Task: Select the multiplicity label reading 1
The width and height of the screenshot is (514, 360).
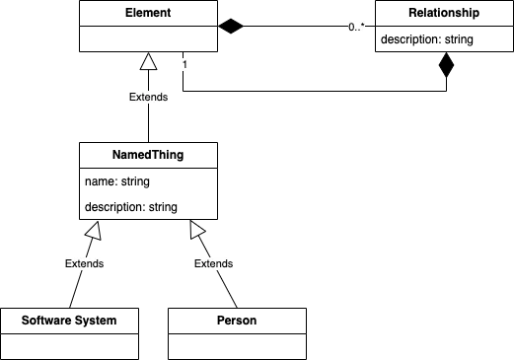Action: (x=184, y=64)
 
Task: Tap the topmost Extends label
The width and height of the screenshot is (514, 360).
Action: (x=149, y=98)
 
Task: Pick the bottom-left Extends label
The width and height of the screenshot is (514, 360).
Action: (x=85, y=264)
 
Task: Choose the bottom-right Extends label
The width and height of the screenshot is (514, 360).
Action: (x=214, y=264)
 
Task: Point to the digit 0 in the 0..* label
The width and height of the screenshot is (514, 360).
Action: (x=351, y=29)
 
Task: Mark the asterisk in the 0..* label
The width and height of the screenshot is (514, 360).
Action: (x=363, y=28)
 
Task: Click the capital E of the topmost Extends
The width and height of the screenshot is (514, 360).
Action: (x=133, y=98)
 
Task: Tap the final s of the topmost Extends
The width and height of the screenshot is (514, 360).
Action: (x=165, y=98)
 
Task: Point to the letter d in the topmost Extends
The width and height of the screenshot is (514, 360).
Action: (x=158, y=98)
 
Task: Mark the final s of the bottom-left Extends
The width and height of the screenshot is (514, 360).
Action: (x=101, y=264)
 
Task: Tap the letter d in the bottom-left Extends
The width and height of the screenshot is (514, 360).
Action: (x=94, y=264)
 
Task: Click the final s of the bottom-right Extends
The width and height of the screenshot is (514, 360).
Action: (x=230, y=264)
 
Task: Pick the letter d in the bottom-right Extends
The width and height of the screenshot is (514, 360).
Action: (x=223, y=264)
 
